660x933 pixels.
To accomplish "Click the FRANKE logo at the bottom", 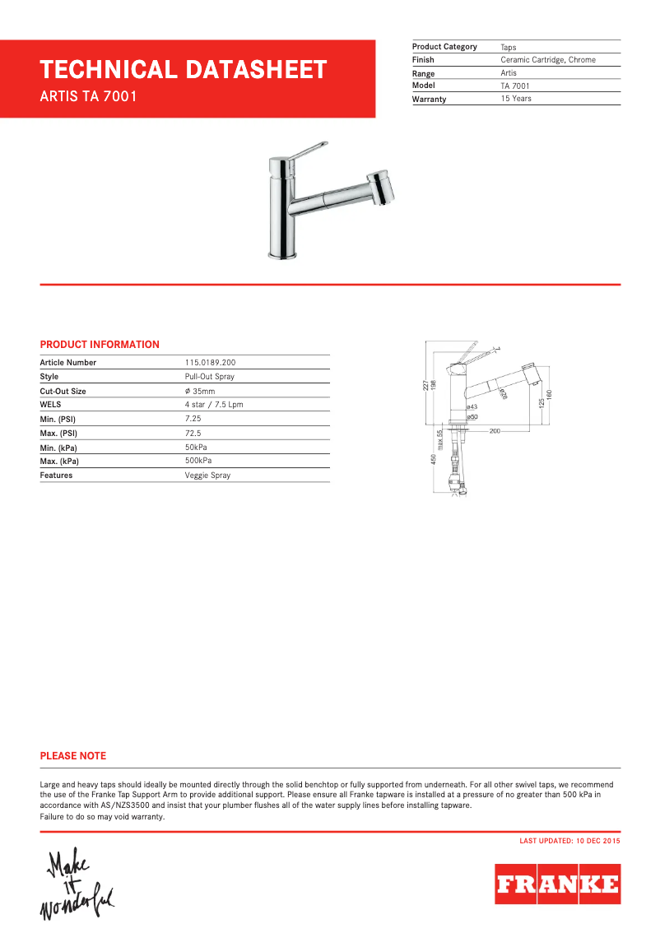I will coord(557,884).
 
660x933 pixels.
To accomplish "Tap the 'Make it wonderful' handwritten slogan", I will coord(77,885).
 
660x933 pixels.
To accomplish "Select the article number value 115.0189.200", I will coord(211,363).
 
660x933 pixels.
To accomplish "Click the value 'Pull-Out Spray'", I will coord(210,377).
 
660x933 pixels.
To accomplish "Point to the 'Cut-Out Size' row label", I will coord(63,392).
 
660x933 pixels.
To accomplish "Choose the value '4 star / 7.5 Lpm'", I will coord(214,405).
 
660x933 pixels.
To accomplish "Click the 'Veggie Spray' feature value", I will coord(207,476).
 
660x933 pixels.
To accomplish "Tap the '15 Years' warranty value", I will coord(516,99).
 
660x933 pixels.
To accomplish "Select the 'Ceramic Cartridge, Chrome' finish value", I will coord(548,60).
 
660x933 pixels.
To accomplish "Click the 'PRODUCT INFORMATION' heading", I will coord(100,345).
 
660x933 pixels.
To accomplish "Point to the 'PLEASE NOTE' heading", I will coord(73,756).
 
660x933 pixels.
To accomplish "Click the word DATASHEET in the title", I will coord(255,70).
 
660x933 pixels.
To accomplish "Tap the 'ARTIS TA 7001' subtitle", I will coord(88,96).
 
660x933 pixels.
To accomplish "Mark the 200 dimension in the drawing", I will coord(495,430).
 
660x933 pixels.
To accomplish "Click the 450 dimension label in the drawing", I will coord(434,460).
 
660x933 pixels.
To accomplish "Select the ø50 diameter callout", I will coord(472,417).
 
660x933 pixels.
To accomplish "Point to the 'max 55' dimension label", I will coord(440,440).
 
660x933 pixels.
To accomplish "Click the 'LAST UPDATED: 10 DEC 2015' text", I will coord(569,841).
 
